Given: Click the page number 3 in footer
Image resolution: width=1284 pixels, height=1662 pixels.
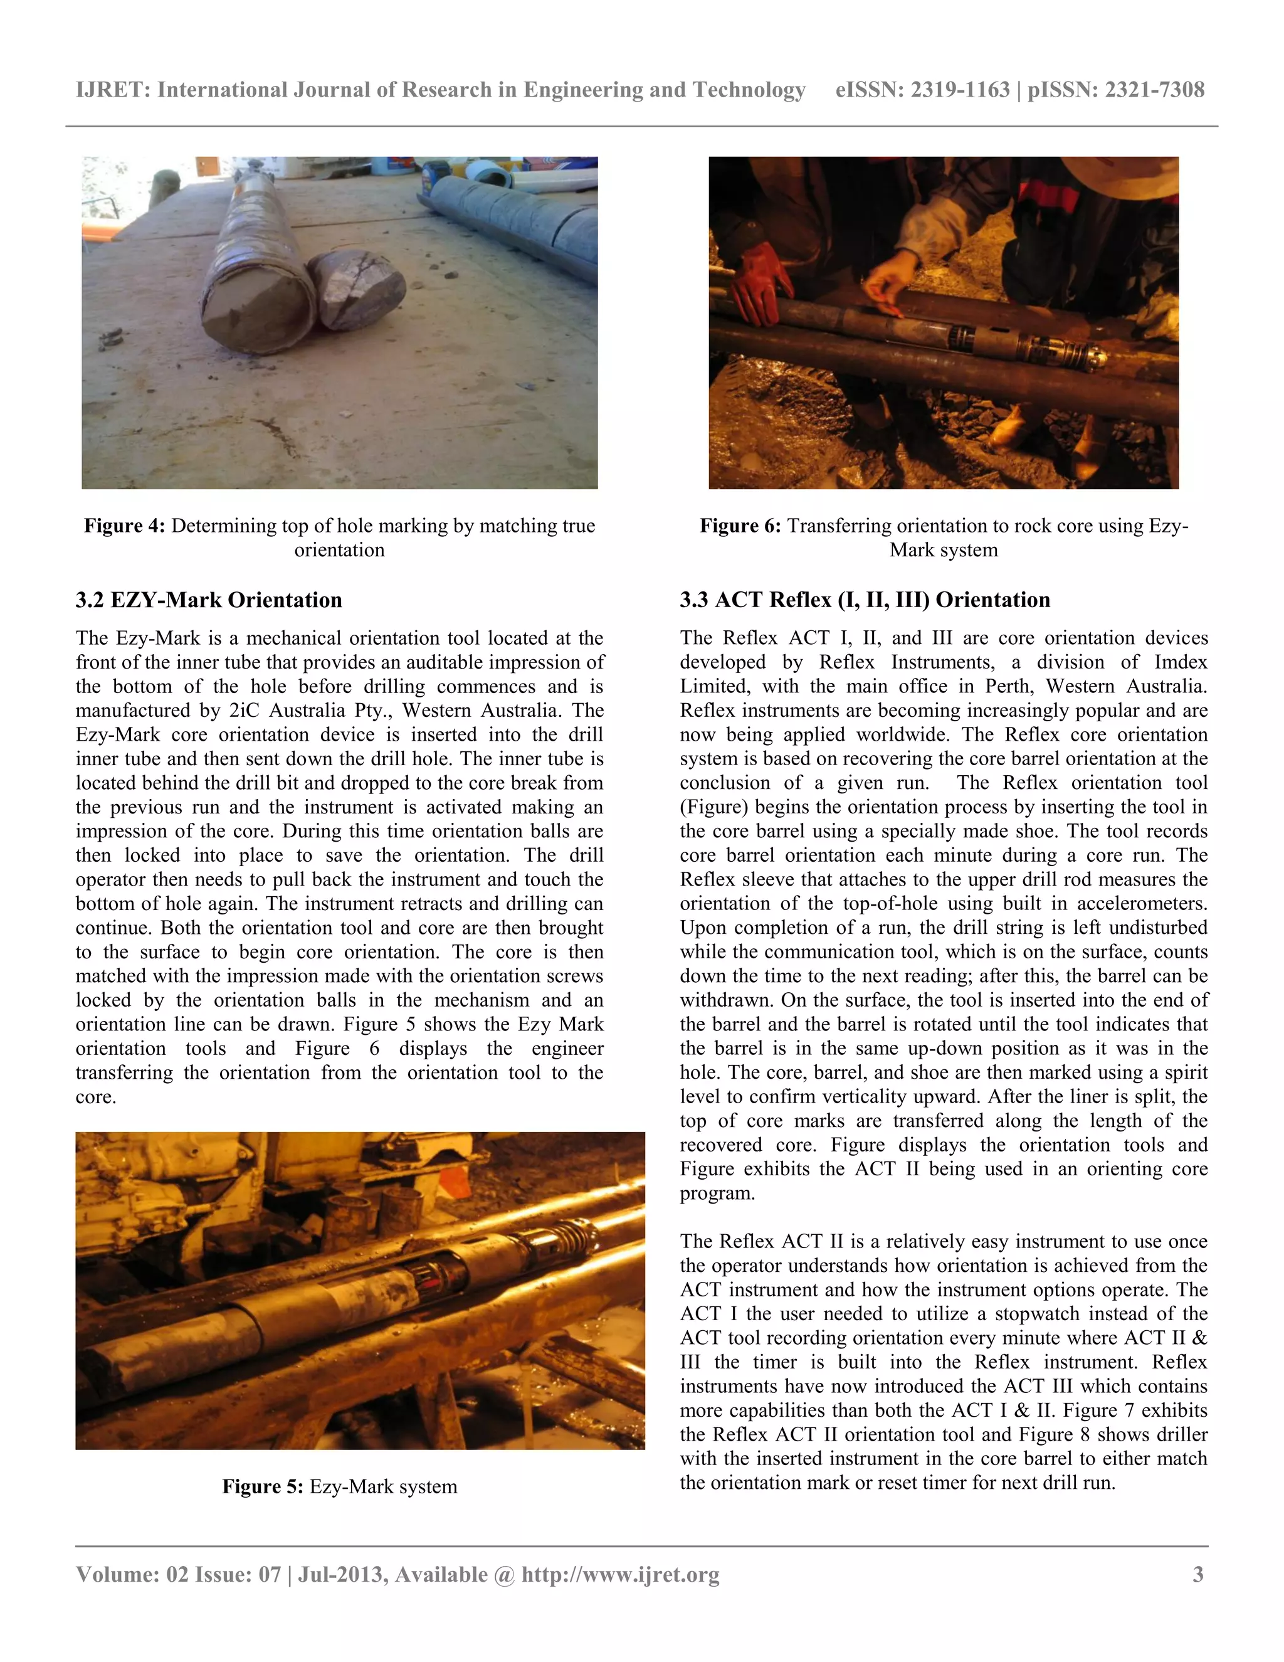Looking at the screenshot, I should pos(1198,1574).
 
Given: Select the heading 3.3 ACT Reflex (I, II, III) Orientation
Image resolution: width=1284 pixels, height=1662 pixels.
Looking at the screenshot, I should pos(865,600).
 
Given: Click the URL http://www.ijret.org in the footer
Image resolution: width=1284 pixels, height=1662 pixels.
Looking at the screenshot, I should pos(620,1574).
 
